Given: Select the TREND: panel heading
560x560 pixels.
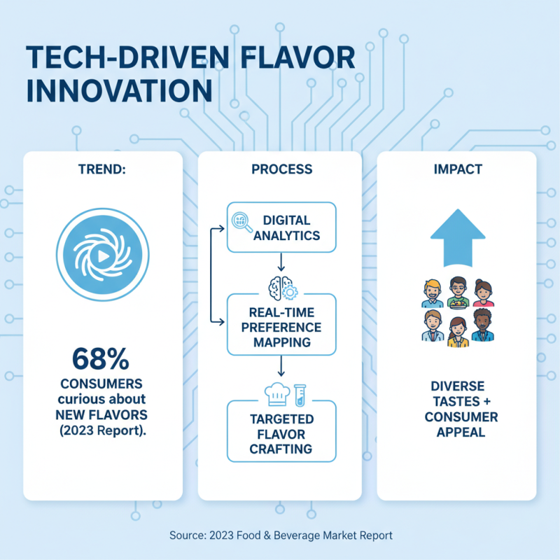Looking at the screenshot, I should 103,170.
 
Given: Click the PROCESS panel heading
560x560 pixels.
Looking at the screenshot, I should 280,170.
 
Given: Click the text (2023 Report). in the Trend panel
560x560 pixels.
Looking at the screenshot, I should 103,430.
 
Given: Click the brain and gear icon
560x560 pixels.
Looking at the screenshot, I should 280,286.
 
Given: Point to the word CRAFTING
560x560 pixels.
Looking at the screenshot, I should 280,449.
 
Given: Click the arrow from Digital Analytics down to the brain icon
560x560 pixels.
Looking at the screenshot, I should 280,263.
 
